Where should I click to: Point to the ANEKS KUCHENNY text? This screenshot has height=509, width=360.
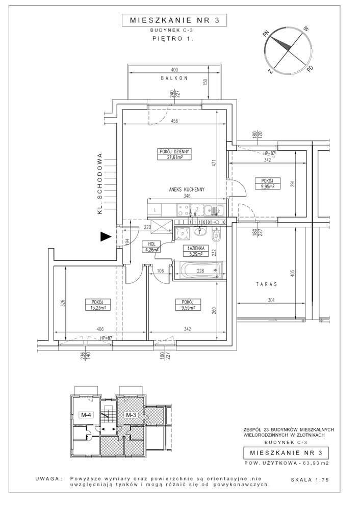click(x=187, y=189)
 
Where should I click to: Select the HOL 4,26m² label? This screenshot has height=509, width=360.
click(x=151, y=247)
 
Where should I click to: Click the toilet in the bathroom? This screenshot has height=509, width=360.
click(x=216, y=236)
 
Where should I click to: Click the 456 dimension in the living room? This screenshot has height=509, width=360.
click(x=174, y=121)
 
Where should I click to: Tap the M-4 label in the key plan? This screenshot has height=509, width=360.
click(x=87, y=415)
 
